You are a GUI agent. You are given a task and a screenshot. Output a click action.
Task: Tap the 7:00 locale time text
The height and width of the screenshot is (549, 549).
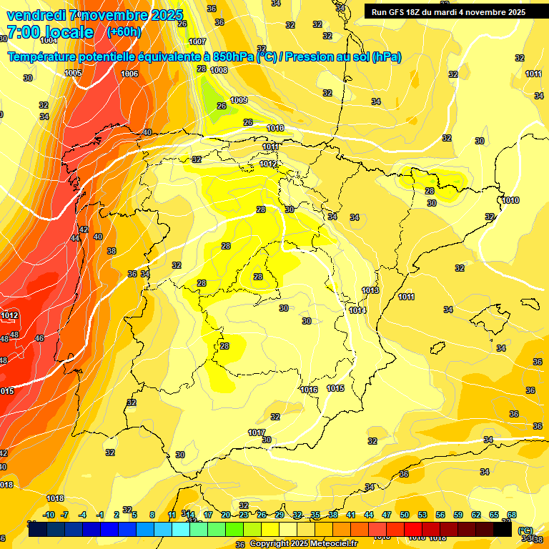point(50,32)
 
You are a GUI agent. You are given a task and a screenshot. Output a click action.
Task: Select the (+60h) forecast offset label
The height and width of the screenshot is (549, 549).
point(124,32)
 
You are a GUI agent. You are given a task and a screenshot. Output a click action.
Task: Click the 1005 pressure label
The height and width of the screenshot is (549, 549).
point(73,73)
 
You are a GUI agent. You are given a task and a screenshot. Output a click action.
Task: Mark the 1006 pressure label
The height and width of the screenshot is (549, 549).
point(129,74)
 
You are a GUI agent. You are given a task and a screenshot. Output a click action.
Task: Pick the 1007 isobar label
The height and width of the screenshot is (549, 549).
point(197,41)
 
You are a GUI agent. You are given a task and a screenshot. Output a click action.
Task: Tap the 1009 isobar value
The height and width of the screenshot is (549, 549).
point(239,100)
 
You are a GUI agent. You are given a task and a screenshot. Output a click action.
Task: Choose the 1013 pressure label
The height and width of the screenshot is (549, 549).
point(370,290)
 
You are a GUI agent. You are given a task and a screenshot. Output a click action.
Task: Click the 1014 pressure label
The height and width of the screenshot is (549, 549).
point(357,310)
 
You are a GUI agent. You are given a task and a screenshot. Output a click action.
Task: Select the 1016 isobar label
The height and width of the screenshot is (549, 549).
point(309,390)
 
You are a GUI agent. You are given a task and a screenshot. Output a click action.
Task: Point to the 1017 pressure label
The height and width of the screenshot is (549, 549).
point(257,432)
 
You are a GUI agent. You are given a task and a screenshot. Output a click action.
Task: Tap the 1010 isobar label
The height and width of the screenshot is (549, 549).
point(510,200)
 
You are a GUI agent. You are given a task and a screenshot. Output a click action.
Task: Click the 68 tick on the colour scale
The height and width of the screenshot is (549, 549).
point(512,515)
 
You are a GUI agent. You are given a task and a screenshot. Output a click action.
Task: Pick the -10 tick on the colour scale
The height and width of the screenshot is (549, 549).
point(49,515)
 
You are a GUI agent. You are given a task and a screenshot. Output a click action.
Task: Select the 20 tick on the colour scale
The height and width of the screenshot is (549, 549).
point(226,515)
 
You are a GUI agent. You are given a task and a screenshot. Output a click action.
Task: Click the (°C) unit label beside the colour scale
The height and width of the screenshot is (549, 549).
point(525,530)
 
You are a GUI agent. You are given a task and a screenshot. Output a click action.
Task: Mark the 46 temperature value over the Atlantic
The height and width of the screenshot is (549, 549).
point(39,338)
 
